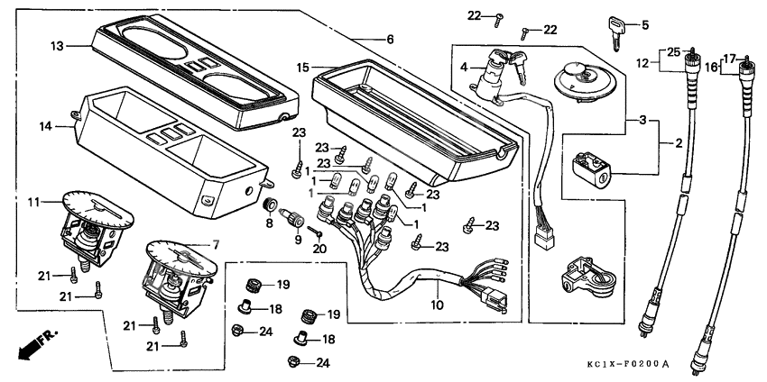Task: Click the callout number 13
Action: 57,45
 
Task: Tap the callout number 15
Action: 302,68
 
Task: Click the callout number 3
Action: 642,120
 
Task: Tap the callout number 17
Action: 732,57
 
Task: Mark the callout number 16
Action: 710,67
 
